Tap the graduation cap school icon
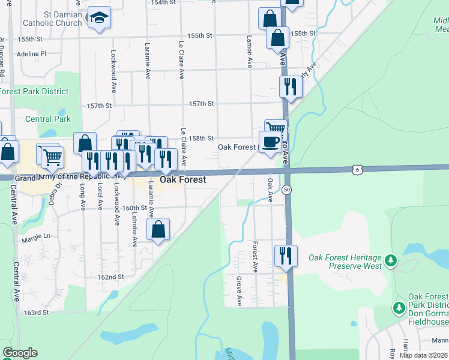click(x=98, y=18)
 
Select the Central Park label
click(x=48, y=119)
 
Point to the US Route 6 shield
click(x=357, y=170)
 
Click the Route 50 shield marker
click(x=288, y=190)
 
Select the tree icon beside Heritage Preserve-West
click(x=391, y=260)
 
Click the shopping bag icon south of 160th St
click(x=158, y=229)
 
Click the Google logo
click(x=20, y=353)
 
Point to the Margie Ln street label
click(x=36, y=237)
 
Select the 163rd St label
click(x=35, y=313)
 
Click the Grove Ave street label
click(x=238, y=291)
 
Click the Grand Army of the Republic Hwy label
click(x=71, y=178)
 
